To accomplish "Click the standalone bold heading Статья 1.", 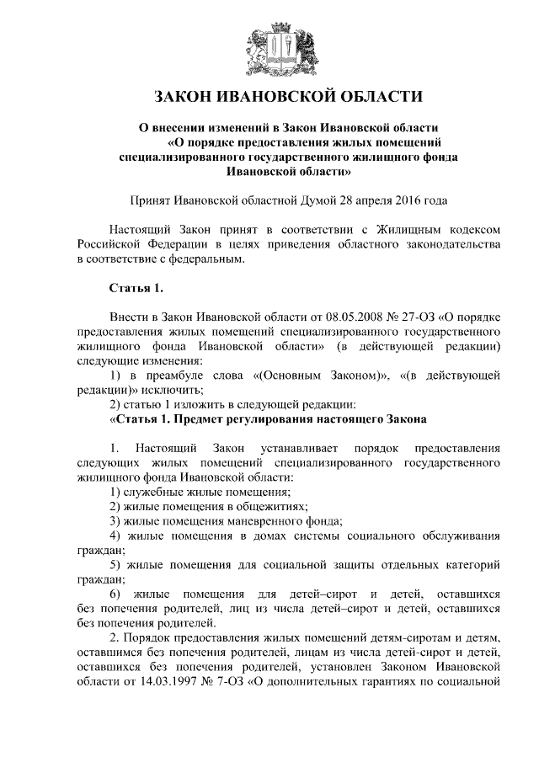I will click(x=136, y=288).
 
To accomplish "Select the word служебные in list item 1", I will click(x=151, y=491).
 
